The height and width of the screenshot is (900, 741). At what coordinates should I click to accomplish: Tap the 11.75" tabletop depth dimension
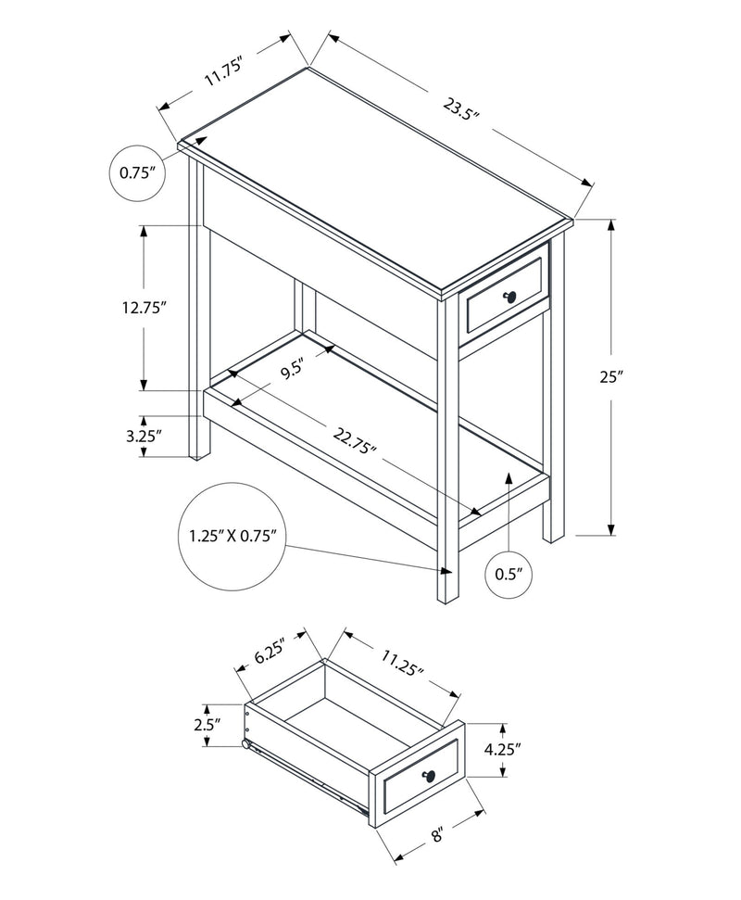tap(223, 72)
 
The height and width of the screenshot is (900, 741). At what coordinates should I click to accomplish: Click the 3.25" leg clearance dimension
tap(144, 435)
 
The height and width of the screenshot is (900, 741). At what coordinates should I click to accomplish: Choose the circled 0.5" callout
tap(509, 574)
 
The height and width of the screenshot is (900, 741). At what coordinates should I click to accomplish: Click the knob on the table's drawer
tap(509, 296)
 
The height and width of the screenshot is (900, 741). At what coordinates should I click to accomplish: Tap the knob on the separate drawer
tap(428, 775)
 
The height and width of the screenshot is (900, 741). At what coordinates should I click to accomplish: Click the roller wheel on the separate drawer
tap(246, 744)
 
